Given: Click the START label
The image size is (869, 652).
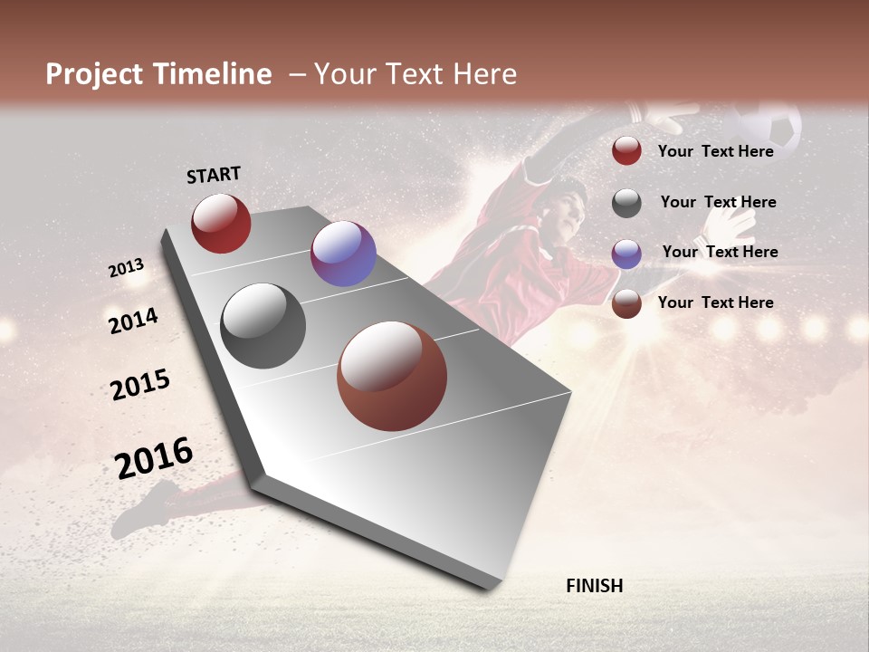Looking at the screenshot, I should [214, 175].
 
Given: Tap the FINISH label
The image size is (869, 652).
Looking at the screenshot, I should [595, 586].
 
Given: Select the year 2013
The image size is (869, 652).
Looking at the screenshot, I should [126, 267].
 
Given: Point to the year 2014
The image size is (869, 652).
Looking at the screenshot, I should [133, 321].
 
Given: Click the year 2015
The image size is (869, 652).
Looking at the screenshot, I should [140, 385].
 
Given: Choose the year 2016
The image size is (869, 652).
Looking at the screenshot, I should [154, 457].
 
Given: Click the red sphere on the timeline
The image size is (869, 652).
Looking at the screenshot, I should [221, 223].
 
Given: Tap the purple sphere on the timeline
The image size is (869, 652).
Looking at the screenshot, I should [343, 254].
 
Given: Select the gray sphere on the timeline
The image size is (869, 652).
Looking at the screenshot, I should [263, 326].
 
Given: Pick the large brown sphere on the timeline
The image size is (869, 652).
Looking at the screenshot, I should [392, 376].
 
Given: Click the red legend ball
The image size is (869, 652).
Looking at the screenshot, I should [626, 150].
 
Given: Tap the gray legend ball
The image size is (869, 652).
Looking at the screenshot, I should [626, 203].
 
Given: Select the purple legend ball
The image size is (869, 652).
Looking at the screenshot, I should [626, 254].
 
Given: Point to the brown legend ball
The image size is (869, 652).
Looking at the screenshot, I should [626, 304].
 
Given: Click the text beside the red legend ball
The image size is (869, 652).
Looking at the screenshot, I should [716, 151].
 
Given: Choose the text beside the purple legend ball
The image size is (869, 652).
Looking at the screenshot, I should [720, 252].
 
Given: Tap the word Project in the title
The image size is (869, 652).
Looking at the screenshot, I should [94, 74].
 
